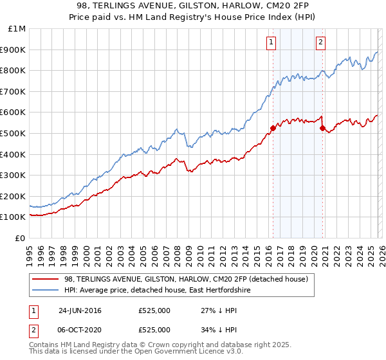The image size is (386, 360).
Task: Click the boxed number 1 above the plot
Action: coord(271,43)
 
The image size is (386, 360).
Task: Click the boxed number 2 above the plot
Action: coord(320,43)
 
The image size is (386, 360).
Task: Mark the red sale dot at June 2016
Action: coord(273,128)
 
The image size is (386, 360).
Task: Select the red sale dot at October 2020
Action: coord(322,128)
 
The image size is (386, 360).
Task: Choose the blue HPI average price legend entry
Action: coord(161,290)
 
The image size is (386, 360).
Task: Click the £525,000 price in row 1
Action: coord(154,310)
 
